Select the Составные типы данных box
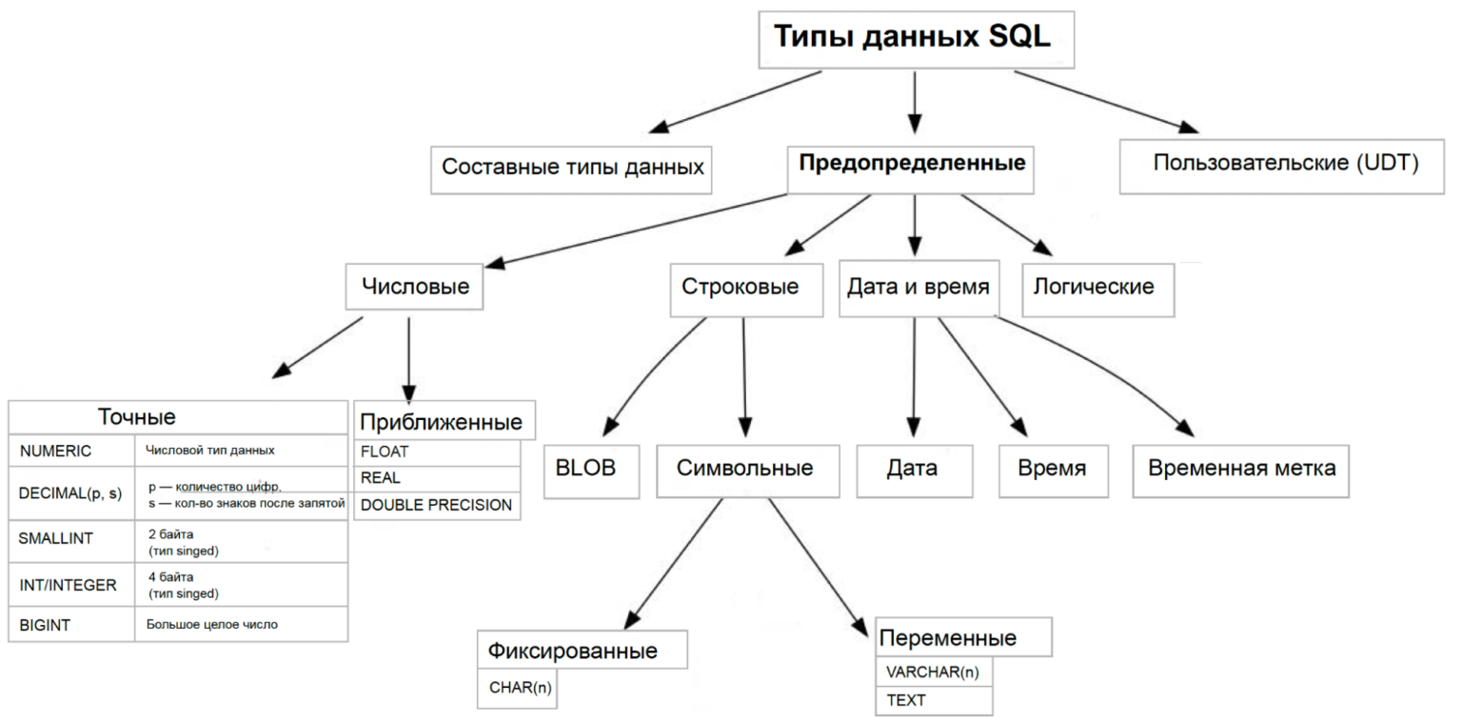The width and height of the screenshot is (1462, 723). point(572,168)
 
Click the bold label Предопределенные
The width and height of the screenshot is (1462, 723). point(912,163)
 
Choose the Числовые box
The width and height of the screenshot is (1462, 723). point(415,286)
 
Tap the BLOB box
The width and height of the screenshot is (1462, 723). point(591,469)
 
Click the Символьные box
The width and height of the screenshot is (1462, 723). point(745,469)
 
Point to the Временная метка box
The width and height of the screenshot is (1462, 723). point(1241,469)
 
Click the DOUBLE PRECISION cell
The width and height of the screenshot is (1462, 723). point(437,505)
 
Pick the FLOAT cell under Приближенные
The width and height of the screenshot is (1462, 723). point(437,452)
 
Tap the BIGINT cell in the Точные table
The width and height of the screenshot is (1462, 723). point(71,625)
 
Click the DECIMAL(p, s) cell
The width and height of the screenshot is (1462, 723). point(71,493)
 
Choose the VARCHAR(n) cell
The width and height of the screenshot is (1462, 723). point(932,672)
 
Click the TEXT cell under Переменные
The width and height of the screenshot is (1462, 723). point(932,700)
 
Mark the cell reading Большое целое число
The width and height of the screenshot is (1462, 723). point(240,625)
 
